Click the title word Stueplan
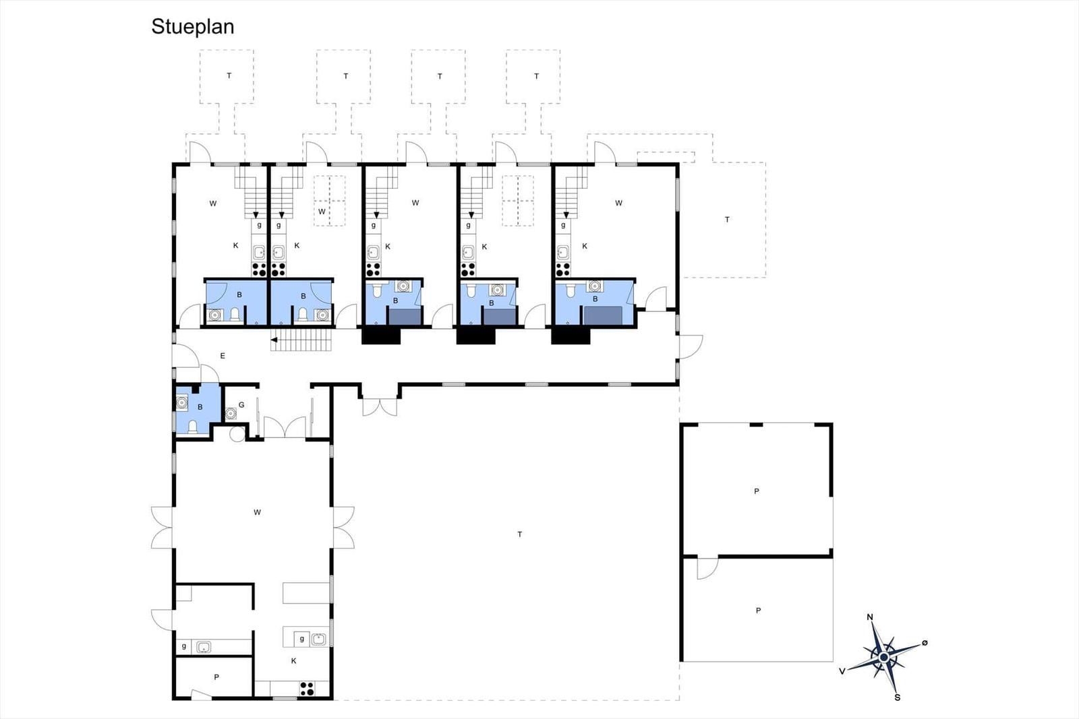point(193,27)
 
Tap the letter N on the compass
point(869,617)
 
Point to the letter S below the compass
point(898,697)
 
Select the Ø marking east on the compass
point(925,642)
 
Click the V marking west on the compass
point(842,671)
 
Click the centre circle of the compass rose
point(884,657)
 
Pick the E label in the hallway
point(223,356)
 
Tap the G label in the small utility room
point(241,405)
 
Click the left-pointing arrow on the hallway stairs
point(274,340)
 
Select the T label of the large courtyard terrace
point(519,534)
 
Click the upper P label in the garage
point(756,491)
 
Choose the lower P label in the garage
point(758,611)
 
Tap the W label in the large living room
point(257,512)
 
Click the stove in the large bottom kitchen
point(307,689)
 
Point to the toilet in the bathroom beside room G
point(192,427)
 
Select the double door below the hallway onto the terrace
point(380,406)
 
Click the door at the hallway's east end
point(691,347)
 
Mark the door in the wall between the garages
point(707,568)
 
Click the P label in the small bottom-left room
point(216,677)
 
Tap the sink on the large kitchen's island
point(318,639)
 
